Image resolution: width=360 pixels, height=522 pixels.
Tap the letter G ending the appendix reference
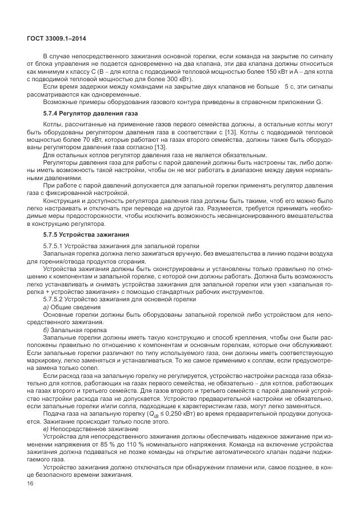click(319, 102)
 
